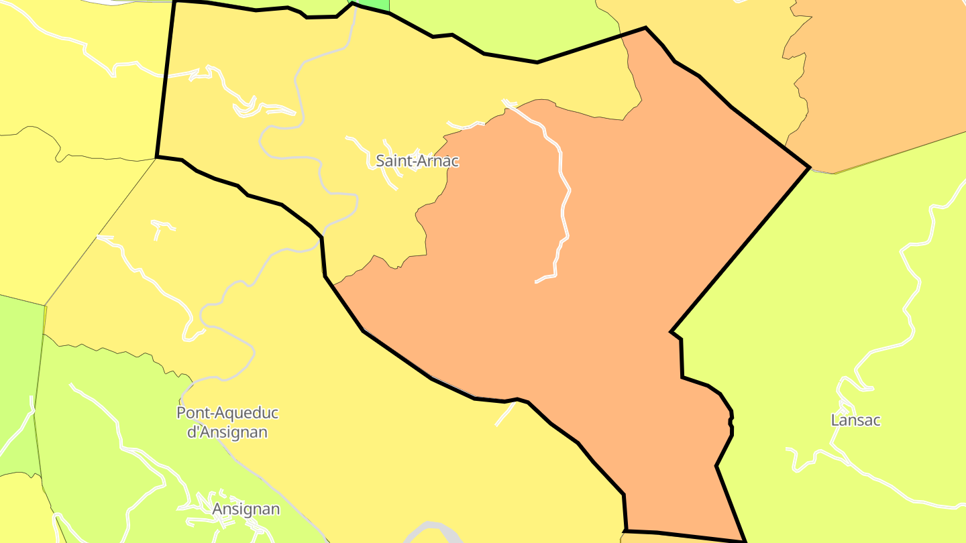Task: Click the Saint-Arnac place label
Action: click(x=417, y=161)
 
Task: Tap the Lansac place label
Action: click(x=855, y=420)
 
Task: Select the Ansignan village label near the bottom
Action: click(x=246, y=509)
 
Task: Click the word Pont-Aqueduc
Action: click(x=227, y=413)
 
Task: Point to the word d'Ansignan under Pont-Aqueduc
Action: click(x=227, y=432)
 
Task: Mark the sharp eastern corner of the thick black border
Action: click(x=809, y=167)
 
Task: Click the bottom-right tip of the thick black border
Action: click(x=745, y=540)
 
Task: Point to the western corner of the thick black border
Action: click(x=157, y=158)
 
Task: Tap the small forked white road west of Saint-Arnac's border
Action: click(x=160, y=227)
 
